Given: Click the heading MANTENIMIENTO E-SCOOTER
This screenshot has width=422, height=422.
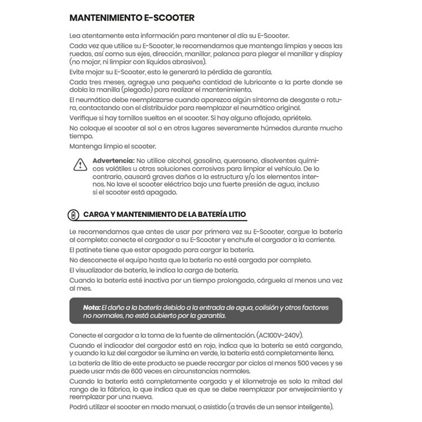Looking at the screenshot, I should (x=132, y=18).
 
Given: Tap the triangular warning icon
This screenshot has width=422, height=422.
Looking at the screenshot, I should (x=79, y=165).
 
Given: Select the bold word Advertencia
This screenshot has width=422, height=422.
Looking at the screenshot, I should (x=113, y=160).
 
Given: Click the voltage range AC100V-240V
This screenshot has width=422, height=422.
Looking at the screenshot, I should (x=279, y=336).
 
